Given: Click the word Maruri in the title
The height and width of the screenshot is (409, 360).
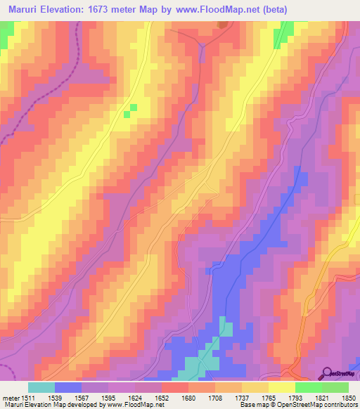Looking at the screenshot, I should coord(27,9).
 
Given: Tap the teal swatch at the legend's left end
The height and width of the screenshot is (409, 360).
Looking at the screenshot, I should coord(41,387).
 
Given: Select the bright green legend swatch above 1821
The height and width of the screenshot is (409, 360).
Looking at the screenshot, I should coord(308,387).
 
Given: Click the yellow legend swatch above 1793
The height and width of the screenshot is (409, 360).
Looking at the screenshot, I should coord(281,387).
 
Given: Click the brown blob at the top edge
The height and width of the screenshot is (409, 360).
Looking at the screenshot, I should coord(223,25).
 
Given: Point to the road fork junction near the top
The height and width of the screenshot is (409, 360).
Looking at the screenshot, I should coord(202,46).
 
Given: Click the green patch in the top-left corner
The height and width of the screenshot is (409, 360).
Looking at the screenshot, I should coord(6,34).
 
